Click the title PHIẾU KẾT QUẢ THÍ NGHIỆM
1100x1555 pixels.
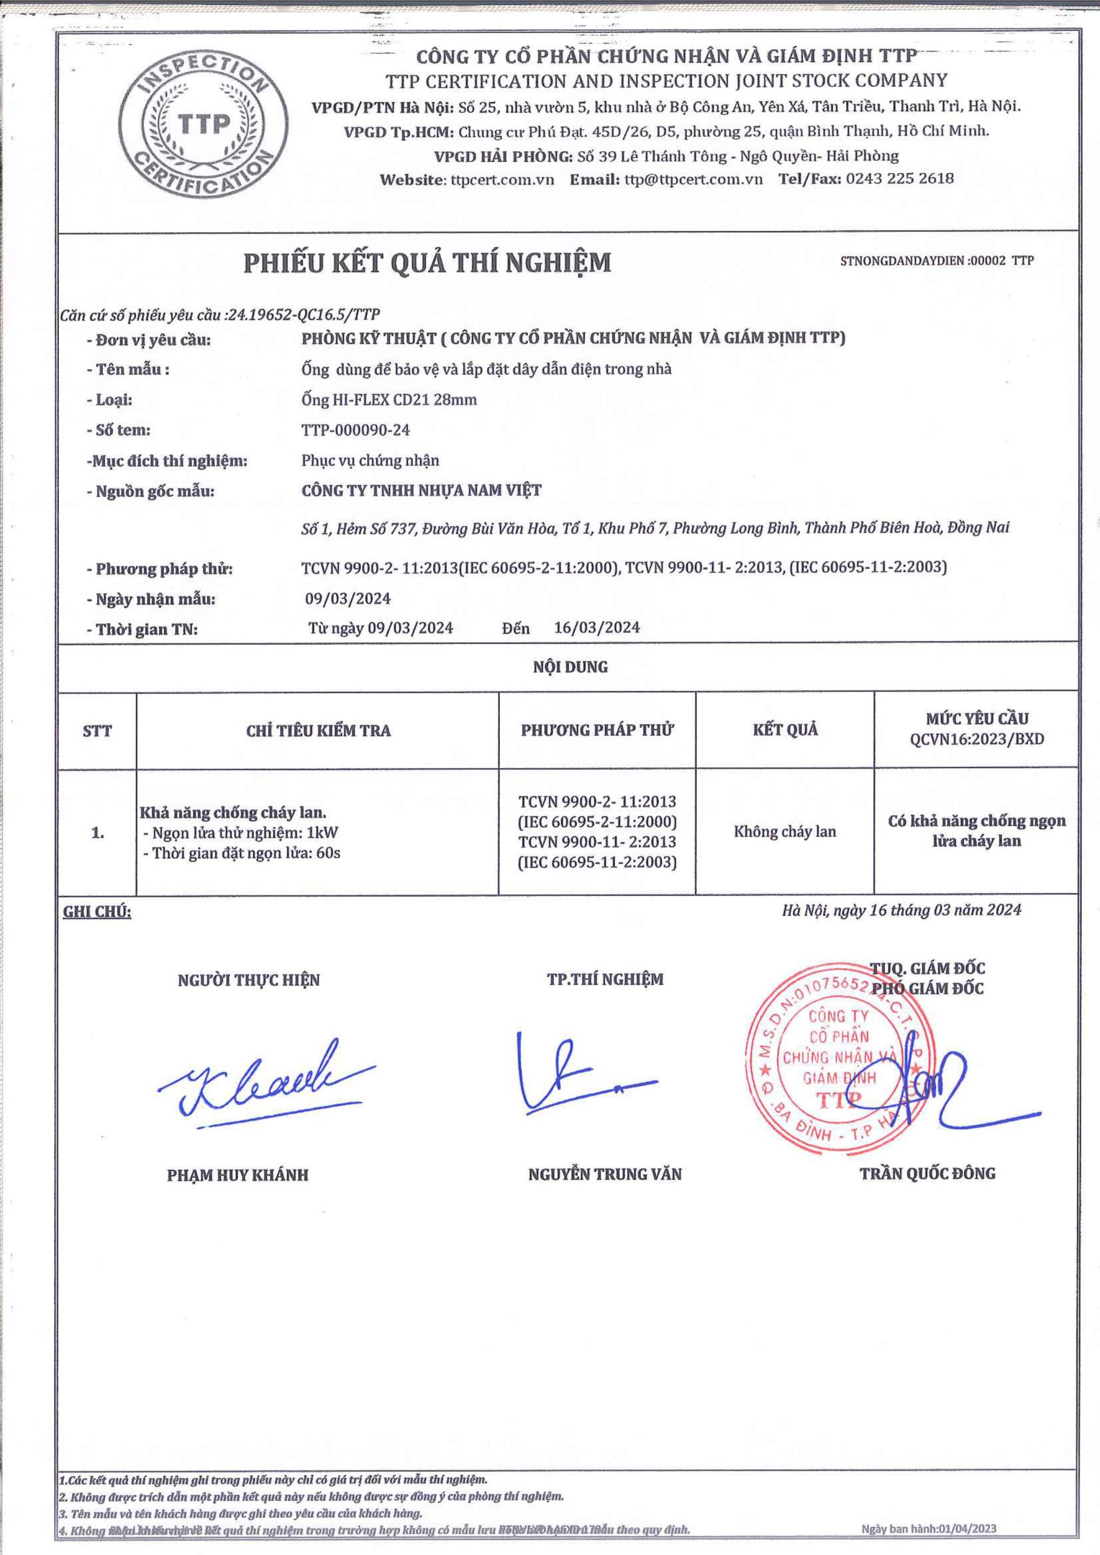tap(428, 263)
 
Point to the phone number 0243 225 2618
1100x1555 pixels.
tap(900, 179)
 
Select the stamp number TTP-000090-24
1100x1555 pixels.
tap(355, 430)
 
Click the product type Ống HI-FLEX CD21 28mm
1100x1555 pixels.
tap(389, 400)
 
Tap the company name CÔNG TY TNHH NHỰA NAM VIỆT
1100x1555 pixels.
tap(422, 490)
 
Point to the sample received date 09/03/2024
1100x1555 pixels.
tap(348, 599)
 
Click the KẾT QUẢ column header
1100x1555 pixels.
tap(785, 730)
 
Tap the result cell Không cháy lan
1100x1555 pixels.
tap(785, 832)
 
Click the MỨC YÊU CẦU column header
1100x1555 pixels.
tap(977, 729)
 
